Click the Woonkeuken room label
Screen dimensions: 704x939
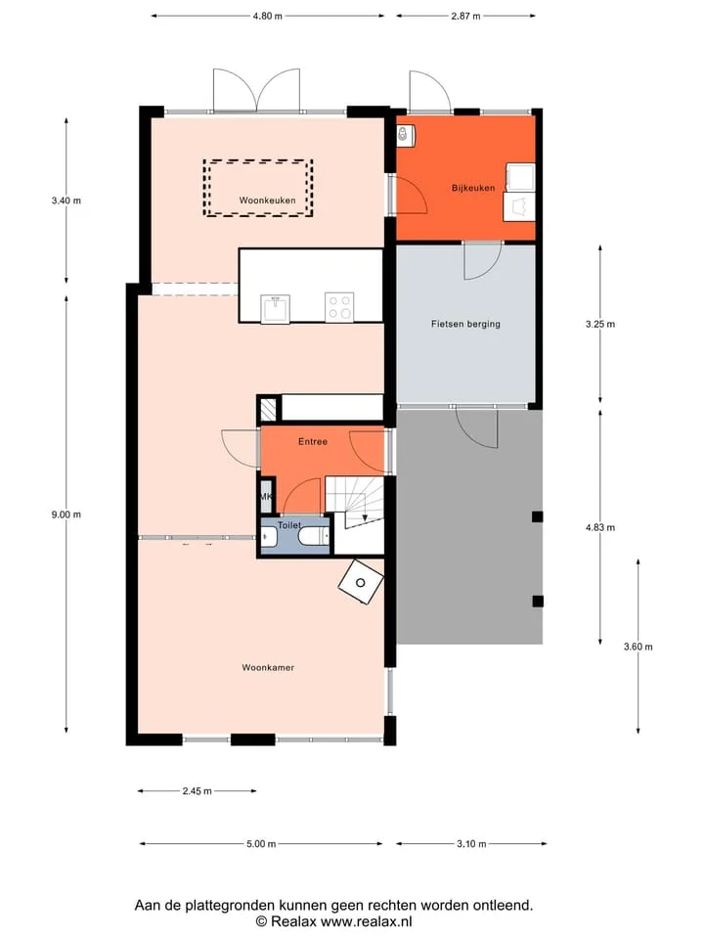point(267,200)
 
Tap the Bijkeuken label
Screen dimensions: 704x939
point(473,188)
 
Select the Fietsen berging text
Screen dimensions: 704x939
point(465,324)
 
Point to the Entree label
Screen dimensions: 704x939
point(313,441)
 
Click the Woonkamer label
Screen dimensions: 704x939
point(268,667)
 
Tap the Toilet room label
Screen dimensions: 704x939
point(289,525)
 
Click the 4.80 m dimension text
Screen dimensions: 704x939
point(267,17)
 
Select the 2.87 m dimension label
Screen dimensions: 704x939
point(465,17)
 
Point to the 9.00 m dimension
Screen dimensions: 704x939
point(66,514)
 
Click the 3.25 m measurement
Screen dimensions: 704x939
point(599,324)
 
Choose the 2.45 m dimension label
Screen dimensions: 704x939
point(197,791)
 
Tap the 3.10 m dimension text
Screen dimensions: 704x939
point(471,844)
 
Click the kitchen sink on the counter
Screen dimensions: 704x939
point(276,308)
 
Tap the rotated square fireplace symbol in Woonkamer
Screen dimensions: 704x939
point(361,582)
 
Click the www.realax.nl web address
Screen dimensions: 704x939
point(366,921)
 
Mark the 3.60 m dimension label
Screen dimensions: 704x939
point(638,647)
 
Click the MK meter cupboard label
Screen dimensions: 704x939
point(266,497)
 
